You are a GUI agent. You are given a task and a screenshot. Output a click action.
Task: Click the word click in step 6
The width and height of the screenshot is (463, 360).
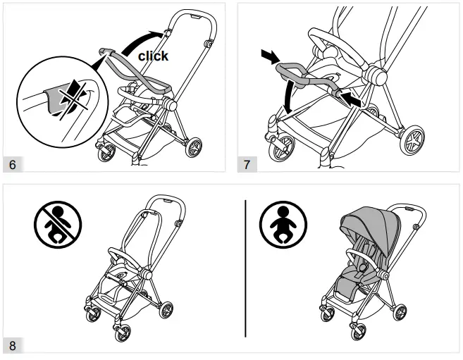coord(153,55)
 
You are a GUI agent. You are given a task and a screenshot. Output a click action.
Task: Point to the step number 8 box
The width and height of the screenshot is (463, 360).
coord(12,345)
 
